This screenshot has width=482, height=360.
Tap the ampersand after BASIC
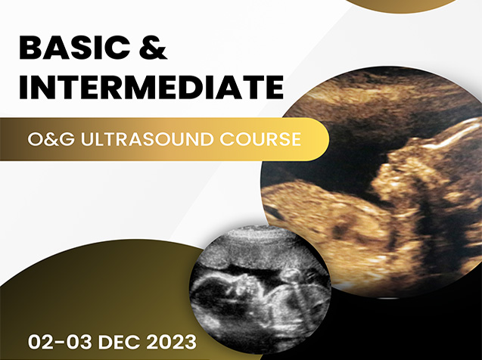tap(154, 48)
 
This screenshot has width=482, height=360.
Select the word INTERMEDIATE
tap(151, 87)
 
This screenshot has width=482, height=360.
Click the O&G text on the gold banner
tap(51, 139)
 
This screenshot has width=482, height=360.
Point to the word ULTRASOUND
tap(147, 139)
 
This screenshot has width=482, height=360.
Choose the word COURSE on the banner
tap(260, 139)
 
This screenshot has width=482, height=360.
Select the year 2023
tap(171, 342)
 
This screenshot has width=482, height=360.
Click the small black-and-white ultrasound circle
tap(260, 290)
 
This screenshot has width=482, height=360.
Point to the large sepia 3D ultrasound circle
tap(372, 182)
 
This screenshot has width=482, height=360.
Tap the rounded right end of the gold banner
tap(319, 139)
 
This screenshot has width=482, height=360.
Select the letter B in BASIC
tap(30, 48)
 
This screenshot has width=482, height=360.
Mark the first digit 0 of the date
tap(34, 342)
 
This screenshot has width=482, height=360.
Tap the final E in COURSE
tap(296, 139)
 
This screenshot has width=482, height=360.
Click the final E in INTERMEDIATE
tap(274, 87)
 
